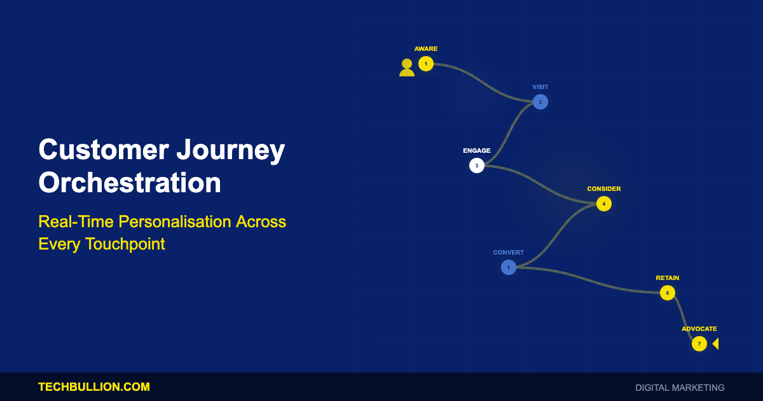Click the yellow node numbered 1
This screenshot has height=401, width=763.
tap(426, 64)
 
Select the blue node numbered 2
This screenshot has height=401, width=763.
tap(540, 102)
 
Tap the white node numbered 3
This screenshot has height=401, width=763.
tap(476, 165)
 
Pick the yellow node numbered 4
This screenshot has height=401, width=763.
tap(604, 204)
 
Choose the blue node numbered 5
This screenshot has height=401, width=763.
tap(509, 267)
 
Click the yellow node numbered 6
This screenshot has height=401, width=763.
tap(668, 293)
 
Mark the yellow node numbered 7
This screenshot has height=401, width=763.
tap(699, 344)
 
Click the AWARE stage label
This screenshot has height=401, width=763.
tap(426, 49)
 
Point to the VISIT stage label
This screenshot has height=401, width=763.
tap(540, 87)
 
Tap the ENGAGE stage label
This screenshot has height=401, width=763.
tap(476, 150)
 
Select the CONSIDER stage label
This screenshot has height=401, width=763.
tap(604, 189)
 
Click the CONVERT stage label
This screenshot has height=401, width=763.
tap(509, 252)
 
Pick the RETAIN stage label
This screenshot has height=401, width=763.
tap(668, 278)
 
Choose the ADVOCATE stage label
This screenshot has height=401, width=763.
tap(699, 328)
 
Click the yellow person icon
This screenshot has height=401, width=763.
tap(407, 68)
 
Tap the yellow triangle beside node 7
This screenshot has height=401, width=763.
tap(717, 344)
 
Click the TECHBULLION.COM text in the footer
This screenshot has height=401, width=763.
tap(94, 387)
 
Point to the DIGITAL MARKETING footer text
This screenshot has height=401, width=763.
tap(680, 388)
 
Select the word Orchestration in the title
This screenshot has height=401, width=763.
tap(130, 183)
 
